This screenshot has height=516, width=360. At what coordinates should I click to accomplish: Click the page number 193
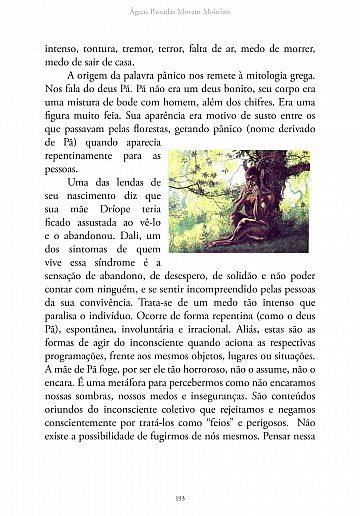[x=180, y=498]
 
